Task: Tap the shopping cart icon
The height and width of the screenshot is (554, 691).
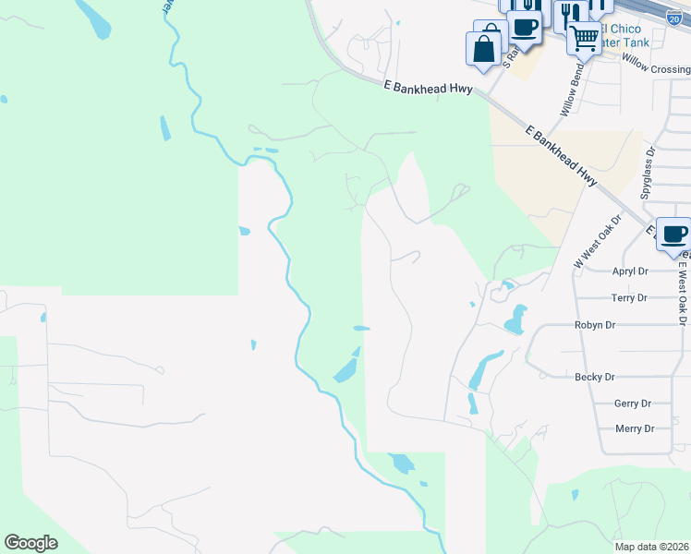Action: coord(584,38)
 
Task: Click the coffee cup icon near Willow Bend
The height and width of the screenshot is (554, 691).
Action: coord(524,27)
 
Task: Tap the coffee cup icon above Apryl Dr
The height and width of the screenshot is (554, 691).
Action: coord(673,234)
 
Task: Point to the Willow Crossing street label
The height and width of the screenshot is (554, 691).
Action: coord(656,64)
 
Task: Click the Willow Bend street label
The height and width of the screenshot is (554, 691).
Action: coord(571,89)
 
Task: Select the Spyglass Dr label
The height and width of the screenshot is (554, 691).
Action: coord(649,175)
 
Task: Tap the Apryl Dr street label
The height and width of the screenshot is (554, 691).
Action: coord(631,271)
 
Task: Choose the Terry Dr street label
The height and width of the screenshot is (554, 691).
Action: coord(630,298)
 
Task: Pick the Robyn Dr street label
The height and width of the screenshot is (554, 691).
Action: coord(594,325)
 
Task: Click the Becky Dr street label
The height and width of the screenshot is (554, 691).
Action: coord(594,377)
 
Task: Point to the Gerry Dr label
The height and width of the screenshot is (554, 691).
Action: coord(634,403)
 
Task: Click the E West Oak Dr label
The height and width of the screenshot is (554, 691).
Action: coord(683,291)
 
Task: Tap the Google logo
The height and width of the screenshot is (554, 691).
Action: coord(30,543)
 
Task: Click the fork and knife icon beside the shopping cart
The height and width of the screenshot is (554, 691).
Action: coord(567,13)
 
